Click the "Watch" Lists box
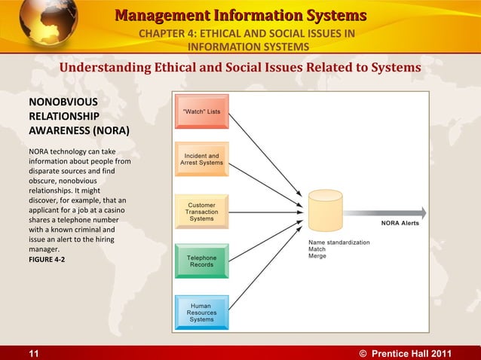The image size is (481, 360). pyautogui.click(x=201, y=111)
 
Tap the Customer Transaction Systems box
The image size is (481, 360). pyautogui.click(x=201, y=212)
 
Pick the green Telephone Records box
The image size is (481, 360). pyautogui.click(x=201, y=261)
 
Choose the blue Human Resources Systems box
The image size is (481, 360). pyautogui.click(x=201, y=312)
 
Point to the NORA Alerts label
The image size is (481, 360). pyautogui.click(x=399, y=224)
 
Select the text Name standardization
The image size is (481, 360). pyautogui.click(x=339, y=243)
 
